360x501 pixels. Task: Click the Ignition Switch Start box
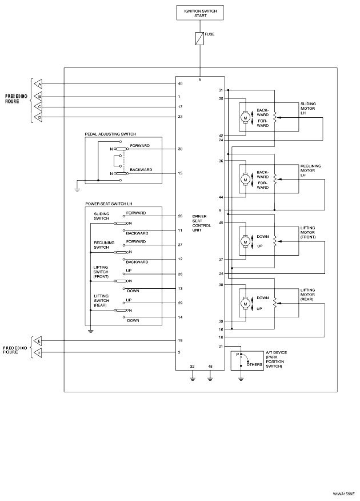[x=200, y=13]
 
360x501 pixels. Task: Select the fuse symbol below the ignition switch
[x=200, y=39]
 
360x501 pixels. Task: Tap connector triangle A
[x=38, y=84]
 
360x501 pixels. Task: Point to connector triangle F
[x=38, y=353]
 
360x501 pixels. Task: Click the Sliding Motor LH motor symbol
[x=245, y=117]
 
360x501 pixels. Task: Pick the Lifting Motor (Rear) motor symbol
[x=245, y=303]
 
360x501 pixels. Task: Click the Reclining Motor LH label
[x=311, y=170]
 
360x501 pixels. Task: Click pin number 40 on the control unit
[x=180, y=84]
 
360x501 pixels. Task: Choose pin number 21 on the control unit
[x=221, y=346]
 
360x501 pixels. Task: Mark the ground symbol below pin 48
[x=210, y=377]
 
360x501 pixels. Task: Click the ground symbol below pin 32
[x=193, y=377]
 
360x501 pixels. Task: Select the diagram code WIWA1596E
[x=344, y=492]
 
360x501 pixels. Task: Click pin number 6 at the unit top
[x=200, y=79]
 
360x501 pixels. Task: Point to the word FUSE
[x=209, y=34]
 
